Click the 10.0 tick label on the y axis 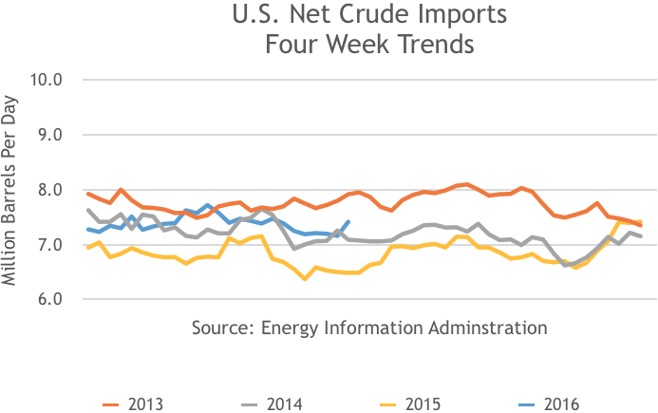[45, 79]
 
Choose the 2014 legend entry [284, 404]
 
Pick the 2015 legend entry [423, 404]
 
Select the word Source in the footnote [219, 328]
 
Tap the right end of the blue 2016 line [349, 222]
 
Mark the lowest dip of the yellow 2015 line [304, 278]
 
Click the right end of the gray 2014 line [641, 235]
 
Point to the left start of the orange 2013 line [88, 194]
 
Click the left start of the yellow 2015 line [88, 248]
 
